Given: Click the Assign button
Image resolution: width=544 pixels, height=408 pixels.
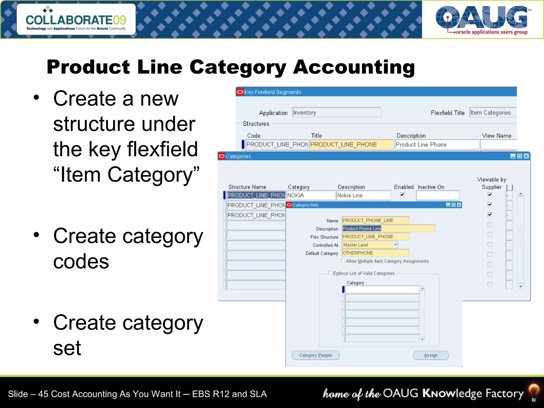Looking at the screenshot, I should coord(431,355).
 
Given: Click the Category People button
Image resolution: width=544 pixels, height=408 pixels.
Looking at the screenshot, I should coord(315,355).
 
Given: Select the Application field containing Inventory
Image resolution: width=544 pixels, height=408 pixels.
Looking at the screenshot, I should coord(336,113).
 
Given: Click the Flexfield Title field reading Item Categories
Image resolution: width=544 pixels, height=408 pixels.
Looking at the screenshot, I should coord(492,113).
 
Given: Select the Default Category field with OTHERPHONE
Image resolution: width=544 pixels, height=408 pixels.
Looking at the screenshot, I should coord(375,253).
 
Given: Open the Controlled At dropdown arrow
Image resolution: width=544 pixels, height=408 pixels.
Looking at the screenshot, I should coord(396,245).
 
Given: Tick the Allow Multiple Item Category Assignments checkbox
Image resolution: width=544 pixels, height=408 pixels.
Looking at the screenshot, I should coord(343,261).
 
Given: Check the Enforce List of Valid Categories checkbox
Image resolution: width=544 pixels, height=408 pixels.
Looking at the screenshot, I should coord(330,273).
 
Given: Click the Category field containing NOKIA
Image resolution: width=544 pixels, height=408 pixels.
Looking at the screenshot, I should coord(311,195).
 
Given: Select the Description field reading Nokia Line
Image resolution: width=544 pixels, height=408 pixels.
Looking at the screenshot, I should coord(363,195).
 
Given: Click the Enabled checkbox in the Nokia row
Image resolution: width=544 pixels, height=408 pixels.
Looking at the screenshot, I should coord(402,194).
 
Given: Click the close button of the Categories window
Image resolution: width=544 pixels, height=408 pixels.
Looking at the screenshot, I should coord(526,156).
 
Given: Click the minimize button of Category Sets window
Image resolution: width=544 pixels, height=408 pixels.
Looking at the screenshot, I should coord(448,205).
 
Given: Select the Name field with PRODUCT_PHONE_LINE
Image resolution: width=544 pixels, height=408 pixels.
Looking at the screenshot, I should coord(375,220).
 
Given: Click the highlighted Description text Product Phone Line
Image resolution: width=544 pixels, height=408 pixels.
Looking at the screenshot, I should coord(362,228).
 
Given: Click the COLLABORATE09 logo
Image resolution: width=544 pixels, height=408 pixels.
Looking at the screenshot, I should coord(76,19).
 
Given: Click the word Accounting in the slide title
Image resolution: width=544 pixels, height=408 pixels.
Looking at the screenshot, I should coord(354,67).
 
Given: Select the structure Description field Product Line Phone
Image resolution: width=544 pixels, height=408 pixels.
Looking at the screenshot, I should coord(437,144).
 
